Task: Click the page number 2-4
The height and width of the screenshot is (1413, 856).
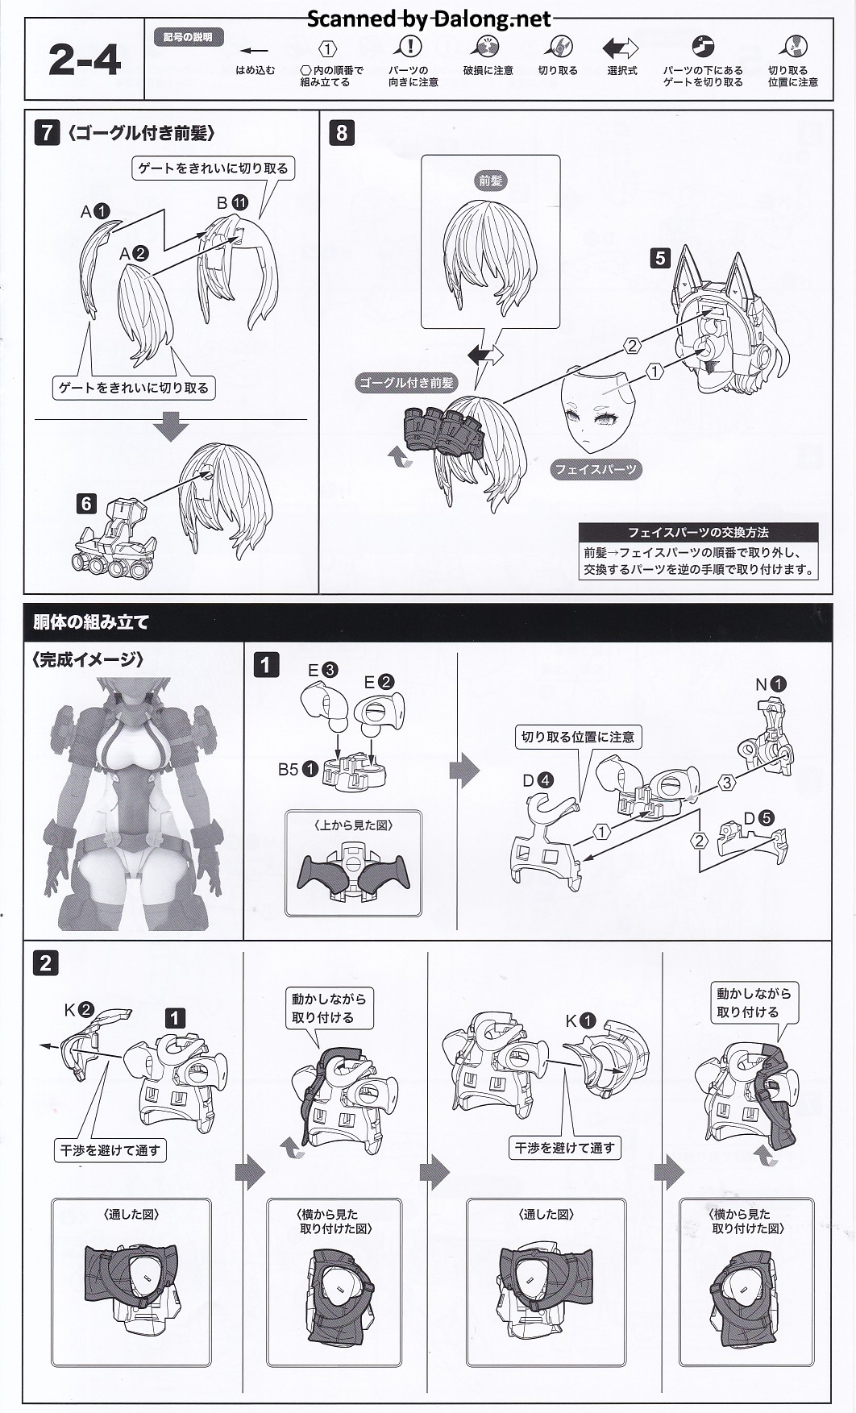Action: pos(85,60)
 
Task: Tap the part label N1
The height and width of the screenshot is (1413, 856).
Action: pos(770,684)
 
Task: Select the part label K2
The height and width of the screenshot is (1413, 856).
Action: pos(80,1010)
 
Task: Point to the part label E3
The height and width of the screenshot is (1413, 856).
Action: pos(322,670)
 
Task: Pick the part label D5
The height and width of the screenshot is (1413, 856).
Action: pos(758,818)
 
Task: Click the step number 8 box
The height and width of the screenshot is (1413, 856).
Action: pos(342,133)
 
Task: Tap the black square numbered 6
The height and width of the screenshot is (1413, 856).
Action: pos(86,505)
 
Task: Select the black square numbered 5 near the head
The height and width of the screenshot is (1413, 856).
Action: pos(660,258)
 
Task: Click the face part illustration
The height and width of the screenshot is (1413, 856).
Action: pos(596,411)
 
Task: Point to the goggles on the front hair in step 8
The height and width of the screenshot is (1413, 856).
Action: pos(442,426)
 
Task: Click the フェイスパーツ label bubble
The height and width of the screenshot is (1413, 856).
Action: pos(596,469)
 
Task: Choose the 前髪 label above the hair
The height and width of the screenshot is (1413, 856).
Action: pos(490,181)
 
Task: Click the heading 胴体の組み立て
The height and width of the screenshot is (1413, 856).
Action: pos(91,622)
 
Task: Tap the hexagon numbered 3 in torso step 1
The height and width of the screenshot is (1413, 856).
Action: pos(727,783)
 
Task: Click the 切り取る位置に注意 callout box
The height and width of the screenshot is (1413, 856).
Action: pos(578,737)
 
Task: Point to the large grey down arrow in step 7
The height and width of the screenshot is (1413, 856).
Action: pos(170,426)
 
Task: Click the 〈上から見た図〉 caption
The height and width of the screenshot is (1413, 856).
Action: pos(353,825)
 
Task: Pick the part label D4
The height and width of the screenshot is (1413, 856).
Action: pos(538,780)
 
